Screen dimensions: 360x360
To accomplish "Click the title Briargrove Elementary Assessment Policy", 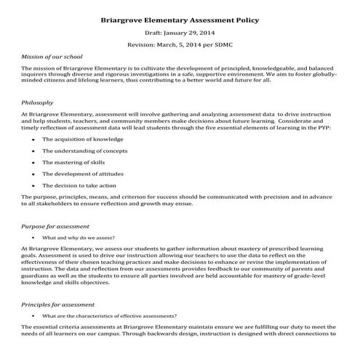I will [179, 20].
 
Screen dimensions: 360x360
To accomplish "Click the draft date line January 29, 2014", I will [179, 34].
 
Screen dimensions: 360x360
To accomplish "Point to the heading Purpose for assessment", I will [57, 226].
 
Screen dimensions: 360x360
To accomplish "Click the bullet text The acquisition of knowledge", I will [83, 138].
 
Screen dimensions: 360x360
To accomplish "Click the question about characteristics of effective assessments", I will [109, 316].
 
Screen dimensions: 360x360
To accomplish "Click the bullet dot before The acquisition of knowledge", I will [33, 138].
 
